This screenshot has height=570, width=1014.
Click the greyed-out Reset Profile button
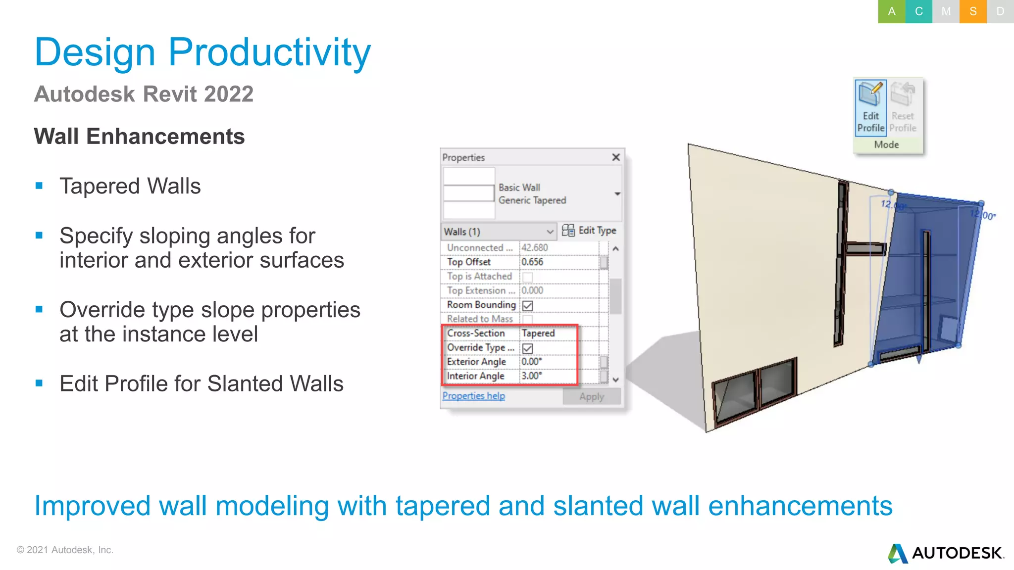pos(903,106)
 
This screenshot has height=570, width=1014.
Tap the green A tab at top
pos(891,11)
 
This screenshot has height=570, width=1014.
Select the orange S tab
pos(973,11)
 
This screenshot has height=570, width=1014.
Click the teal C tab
pos(918,11)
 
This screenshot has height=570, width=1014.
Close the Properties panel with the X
pos(615,157)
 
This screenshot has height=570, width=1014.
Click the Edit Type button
pos(589,231)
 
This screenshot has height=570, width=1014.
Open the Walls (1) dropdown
pos(499,232)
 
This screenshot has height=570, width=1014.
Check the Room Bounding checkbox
pos(528,306)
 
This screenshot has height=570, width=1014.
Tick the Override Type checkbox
pos(528,348)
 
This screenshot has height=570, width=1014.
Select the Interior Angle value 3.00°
pos(532,376)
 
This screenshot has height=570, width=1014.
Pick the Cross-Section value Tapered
pos(538,333)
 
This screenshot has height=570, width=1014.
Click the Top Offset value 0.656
pos(533,262)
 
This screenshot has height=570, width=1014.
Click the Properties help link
pos(473,396)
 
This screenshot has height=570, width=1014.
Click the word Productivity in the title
pos(269,52)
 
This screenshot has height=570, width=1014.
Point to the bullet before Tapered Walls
pos(40,186)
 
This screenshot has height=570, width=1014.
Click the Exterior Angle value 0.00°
pos(532,362)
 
